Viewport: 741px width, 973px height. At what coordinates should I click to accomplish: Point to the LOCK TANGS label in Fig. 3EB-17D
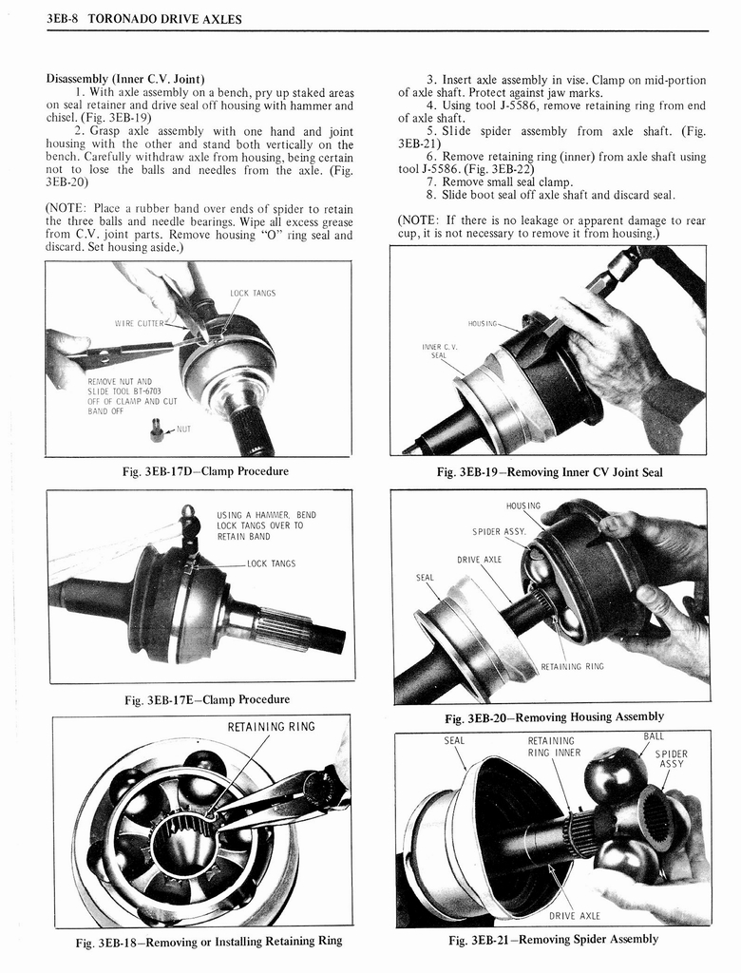253,294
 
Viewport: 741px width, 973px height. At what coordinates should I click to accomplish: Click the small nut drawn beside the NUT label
156,432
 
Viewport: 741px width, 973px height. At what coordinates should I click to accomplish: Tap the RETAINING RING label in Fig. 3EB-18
271,728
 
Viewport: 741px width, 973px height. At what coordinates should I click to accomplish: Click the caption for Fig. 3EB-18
208,942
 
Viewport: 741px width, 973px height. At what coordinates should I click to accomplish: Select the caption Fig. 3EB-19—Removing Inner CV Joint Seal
549,472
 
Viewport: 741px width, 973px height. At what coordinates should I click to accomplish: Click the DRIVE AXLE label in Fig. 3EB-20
479,559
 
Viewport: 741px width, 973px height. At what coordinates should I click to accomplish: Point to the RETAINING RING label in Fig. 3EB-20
572,666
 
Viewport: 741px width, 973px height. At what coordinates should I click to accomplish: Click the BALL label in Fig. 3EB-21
654,736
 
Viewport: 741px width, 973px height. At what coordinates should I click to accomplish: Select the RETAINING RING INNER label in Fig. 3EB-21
554,747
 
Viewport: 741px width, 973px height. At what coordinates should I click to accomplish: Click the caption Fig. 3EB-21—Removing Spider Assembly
552,940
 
